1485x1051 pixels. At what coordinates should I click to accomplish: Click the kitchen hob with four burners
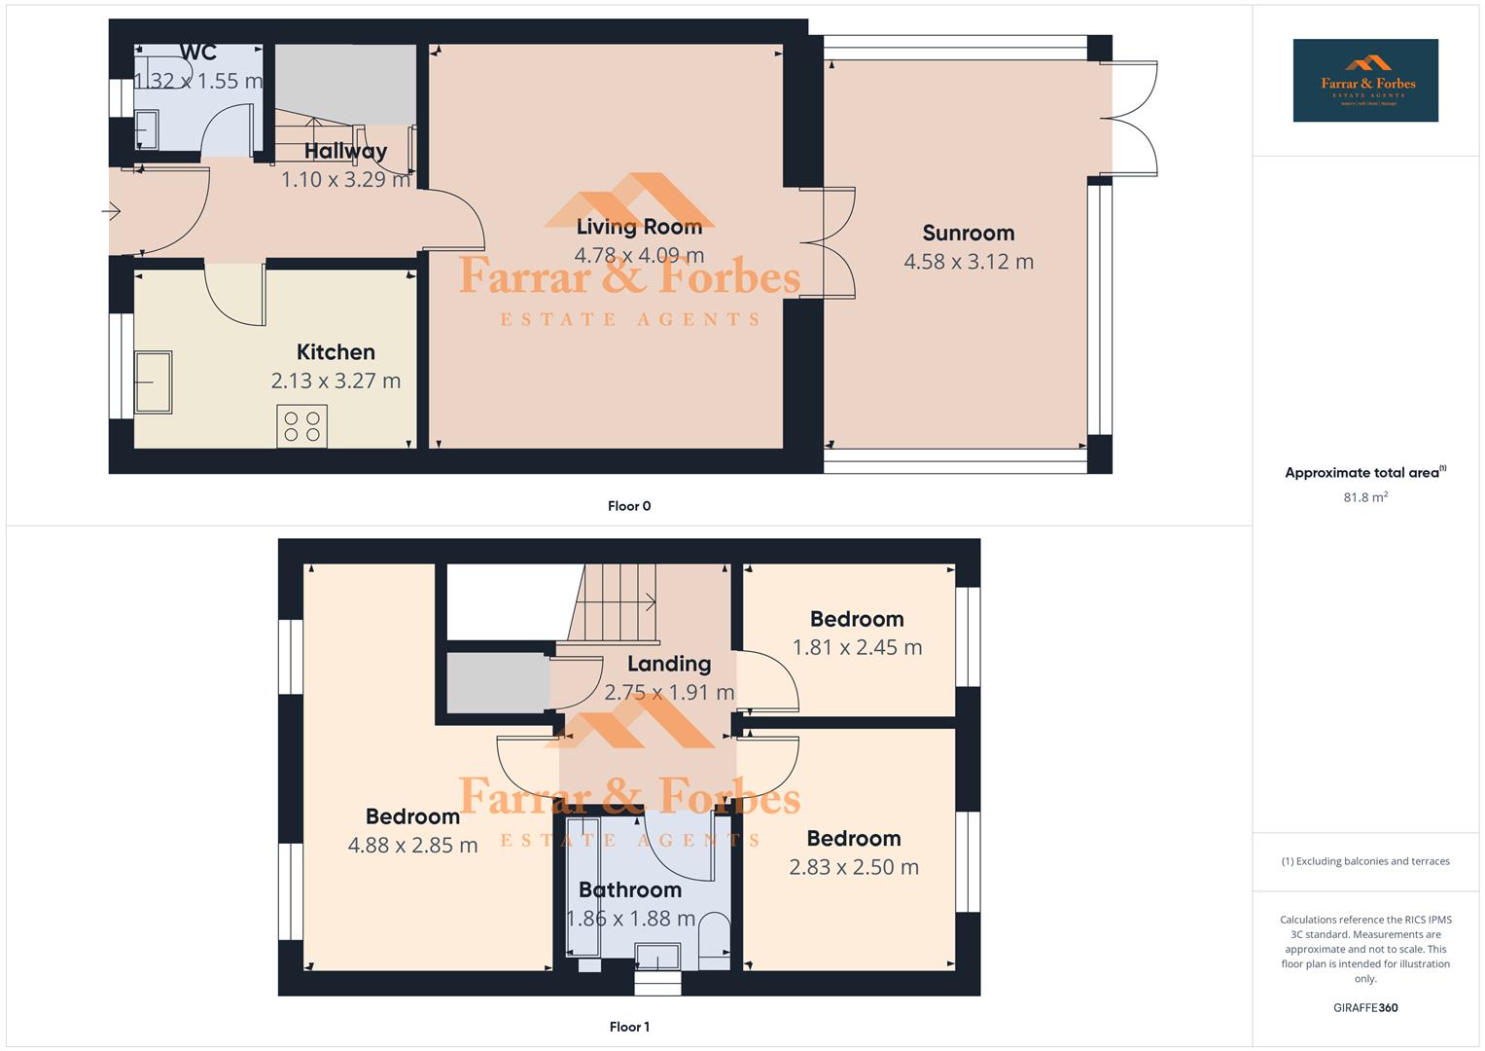click(301, 426)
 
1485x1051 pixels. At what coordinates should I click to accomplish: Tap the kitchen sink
click(153, 381)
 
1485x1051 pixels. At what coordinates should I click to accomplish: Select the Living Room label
click(639, 227)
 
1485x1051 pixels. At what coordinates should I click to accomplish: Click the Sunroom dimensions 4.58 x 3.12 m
click(968, 262)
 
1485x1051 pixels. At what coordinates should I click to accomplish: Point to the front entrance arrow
click(111, 211)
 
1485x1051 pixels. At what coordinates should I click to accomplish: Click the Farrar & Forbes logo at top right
click(1364, 81)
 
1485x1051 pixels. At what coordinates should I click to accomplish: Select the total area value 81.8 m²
click(1364, 497)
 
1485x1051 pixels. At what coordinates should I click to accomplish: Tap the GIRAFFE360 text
click(1364, 1007)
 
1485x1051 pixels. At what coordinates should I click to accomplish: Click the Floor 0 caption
click(629, 506)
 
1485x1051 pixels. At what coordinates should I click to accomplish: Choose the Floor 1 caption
click(629, 1027)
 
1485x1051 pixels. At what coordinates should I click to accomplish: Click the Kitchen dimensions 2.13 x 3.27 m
click(336, 381)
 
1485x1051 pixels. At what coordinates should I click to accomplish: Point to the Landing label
click(668, 664)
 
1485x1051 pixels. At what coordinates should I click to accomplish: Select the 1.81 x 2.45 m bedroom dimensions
click(857, 648)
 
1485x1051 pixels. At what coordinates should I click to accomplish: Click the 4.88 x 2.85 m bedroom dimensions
click(412, 846)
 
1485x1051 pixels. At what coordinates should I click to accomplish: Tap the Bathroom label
click(629, 889)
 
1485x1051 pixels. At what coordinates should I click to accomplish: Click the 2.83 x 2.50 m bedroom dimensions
click(853, 867)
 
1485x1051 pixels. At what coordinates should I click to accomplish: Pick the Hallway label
click(345, 151)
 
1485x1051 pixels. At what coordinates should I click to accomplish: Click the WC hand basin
click(147, 129)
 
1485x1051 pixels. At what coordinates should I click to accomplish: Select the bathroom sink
click(657, 957)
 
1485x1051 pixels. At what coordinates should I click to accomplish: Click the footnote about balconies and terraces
click(1364, 861)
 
